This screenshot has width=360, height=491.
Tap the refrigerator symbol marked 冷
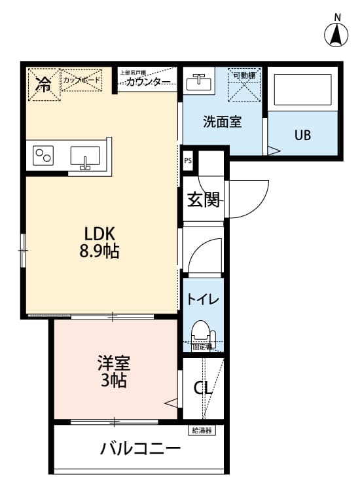point(43,84)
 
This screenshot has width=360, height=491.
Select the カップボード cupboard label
point(82,81)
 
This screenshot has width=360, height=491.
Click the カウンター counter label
point(148,82)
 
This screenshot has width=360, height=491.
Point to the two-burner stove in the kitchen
point(44,156)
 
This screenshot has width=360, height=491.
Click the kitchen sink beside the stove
point(85,156)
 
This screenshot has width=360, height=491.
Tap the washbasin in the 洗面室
point(197,82)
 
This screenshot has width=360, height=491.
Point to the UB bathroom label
point(302,136)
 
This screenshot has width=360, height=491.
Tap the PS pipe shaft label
point(188,159)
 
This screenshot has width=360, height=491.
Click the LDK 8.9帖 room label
point(100,241)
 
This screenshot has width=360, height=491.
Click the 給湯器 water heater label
point(202,430)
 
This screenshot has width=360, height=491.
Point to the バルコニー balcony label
point(140,449)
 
